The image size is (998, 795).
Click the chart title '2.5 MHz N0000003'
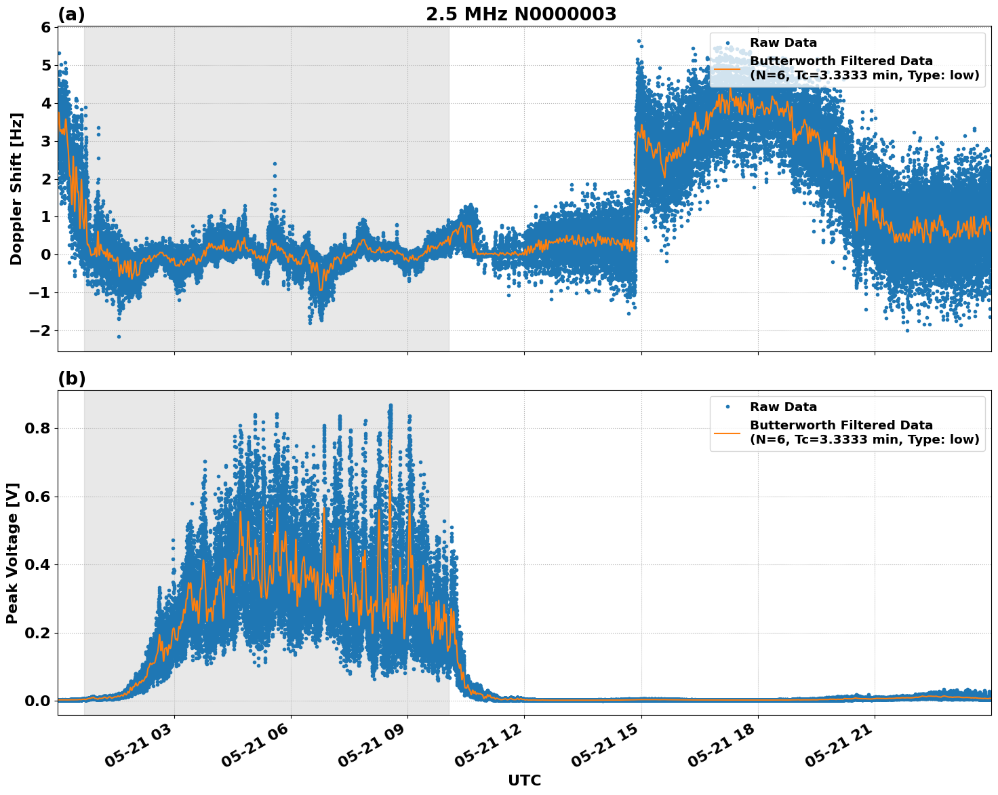tap(521, 14)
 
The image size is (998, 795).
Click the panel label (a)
tap(71, 14)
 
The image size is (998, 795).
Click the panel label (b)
tap(71, 379)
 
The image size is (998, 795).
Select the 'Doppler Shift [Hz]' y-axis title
tap(16, 189)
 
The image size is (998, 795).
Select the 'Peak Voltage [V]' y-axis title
tap(12, 553)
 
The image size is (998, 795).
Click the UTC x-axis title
tap(524, 780)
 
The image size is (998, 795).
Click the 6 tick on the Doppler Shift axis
tap(45, 27)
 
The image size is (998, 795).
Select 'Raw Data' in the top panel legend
tap(783, 43)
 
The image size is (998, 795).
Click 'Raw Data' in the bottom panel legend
tap(783, 407)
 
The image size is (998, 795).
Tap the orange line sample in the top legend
tap(727, 68)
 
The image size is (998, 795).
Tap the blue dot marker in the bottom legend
tap(727, 407)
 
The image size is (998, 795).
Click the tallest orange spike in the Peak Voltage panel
tap(390, 441)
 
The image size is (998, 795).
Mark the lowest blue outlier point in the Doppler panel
tap(119, 336)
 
